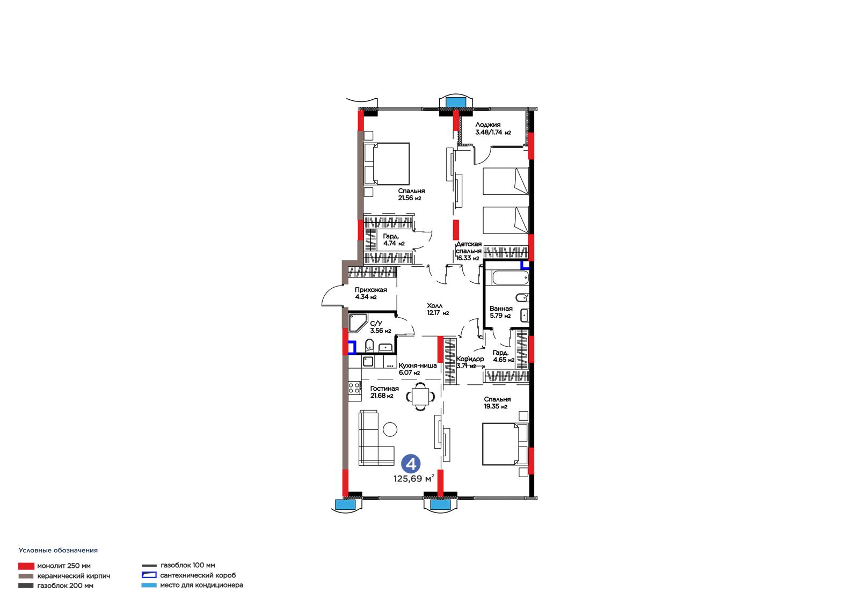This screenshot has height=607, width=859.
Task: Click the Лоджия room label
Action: (x=488, y=125)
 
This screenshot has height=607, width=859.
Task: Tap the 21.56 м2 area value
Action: (x=410, y=198)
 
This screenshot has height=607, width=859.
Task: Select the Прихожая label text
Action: (x=370, y=290)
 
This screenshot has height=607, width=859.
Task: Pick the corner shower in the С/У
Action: (x=358, y=323)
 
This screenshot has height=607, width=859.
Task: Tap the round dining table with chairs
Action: (x=421, y=397)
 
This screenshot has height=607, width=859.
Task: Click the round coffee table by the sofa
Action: (x=390, y=429)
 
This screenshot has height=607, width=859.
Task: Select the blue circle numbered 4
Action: (x=411, y=464)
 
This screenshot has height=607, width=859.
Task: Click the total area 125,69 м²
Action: (x=414, y=479)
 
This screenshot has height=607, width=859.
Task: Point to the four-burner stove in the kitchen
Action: (x=354, y=387)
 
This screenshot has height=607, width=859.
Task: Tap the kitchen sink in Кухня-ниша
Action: (x=368, y=361)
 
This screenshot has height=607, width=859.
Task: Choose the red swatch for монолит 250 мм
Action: (x=26, y=566)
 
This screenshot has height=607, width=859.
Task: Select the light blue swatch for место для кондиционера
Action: (x=149, y=585)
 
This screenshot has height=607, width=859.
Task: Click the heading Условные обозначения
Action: (x=59, y=550)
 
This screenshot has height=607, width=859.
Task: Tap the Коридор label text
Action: (x=470, y=359)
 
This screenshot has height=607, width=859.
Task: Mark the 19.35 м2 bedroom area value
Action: (x=496, y=406)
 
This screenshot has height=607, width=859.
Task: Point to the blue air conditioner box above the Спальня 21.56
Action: (x=455, y=103)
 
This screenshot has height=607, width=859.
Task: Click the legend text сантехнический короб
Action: (x=198, y=575)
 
